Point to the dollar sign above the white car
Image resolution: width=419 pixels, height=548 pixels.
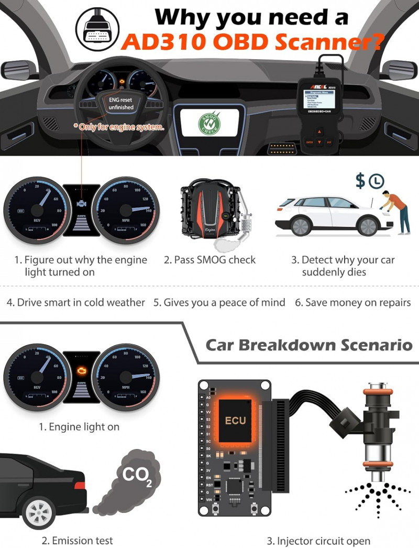(x=360, y=181)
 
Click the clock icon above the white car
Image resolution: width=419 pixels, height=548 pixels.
(x=376, y=181)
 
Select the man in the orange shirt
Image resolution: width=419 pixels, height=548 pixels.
(x=396, y=207)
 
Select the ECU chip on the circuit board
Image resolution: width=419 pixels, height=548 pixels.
(x=235, y=420)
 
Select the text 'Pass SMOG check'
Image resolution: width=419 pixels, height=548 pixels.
(x=210, y=260)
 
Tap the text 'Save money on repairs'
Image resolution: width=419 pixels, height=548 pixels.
(x=352, y=302)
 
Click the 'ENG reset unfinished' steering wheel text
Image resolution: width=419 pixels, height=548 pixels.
(x=121, y=103)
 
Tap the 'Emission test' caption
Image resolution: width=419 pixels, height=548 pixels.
(x=77, y=540)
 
